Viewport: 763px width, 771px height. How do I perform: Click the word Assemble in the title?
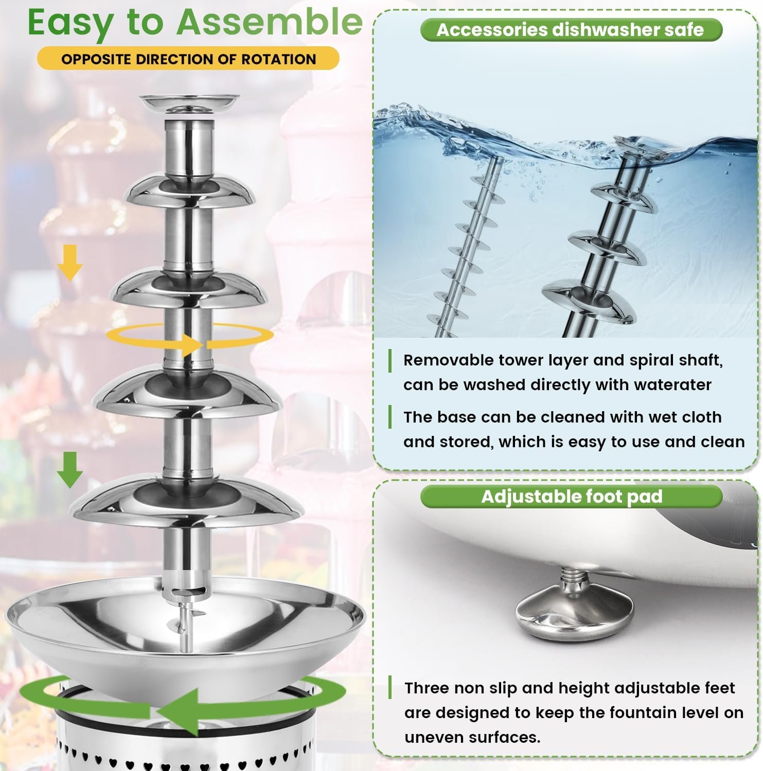pos(270,22)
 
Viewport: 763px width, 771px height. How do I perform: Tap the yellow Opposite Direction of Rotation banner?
pos(188,59)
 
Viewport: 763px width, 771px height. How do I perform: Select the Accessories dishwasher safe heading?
pos(571,29)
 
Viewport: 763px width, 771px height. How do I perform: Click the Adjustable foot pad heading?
pos(571,497)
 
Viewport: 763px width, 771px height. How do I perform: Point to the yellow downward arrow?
pos(70,262)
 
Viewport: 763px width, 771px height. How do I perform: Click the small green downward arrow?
pos(70,469)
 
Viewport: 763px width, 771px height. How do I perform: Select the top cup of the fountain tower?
pos(190,104)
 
